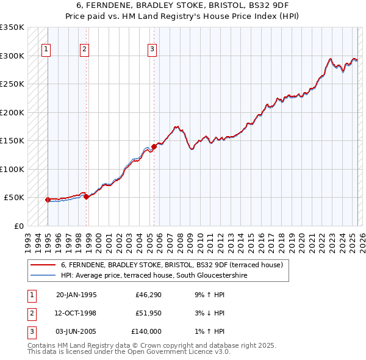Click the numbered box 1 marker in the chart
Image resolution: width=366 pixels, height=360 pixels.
coord(46,50)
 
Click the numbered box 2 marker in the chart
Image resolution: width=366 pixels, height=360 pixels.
coord(85,50)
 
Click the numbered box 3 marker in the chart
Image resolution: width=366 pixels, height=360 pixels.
coord(152,50)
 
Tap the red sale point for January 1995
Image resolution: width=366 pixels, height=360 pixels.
coord(48,200)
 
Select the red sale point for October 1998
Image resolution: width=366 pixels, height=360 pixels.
coord(86,196)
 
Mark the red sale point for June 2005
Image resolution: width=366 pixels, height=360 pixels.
coord(154,146)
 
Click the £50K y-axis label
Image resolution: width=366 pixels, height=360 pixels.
coord(14,198)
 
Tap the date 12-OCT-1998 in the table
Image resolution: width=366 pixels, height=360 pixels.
coord(76,313)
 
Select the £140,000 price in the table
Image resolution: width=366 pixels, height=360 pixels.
coord(146,331)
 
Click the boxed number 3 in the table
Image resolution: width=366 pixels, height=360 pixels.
coord(30,331)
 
